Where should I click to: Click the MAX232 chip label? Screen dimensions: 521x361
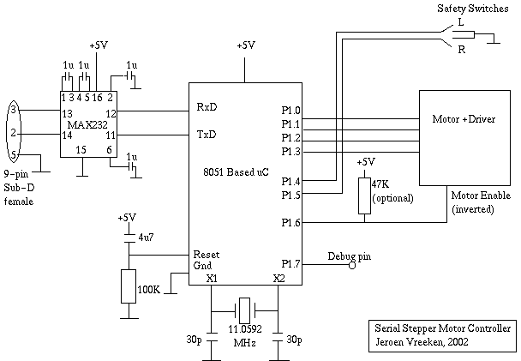(87, 124)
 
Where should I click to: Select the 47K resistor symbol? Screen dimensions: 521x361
(364, 196)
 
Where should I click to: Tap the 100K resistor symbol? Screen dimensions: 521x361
(129, 286)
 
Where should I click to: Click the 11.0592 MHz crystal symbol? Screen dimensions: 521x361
(244, 310)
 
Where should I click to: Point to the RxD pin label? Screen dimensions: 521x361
(207, 107)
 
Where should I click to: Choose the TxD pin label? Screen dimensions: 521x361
(207, 135)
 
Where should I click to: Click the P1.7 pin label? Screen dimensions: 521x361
(290, 264)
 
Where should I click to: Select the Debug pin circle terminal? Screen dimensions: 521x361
(352, 265)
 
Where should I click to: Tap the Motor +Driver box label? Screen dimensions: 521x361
(464, 119)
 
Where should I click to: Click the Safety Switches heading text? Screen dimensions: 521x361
(472, 9)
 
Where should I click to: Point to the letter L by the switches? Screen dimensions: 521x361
(460, 22)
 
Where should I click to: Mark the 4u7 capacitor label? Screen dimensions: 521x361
(146, 238)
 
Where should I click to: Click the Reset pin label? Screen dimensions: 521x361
(207, 255)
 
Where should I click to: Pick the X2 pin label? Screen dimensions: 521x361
(279, 278)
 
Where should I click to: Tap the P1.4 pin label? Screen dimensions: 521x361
(290, 182)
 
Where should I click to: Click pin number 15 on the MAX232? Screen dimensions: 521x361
(81, 150)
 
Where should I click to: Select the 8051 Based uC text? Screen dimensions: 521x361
(236, 172)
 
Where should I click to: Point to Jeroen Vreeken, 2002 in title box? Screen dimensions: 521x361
(422, 342)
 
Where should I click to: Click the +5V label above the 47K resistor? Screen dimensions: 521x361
(366, 162)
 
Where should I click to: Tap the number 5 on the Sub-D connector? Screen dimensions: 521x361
(14, 155)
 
